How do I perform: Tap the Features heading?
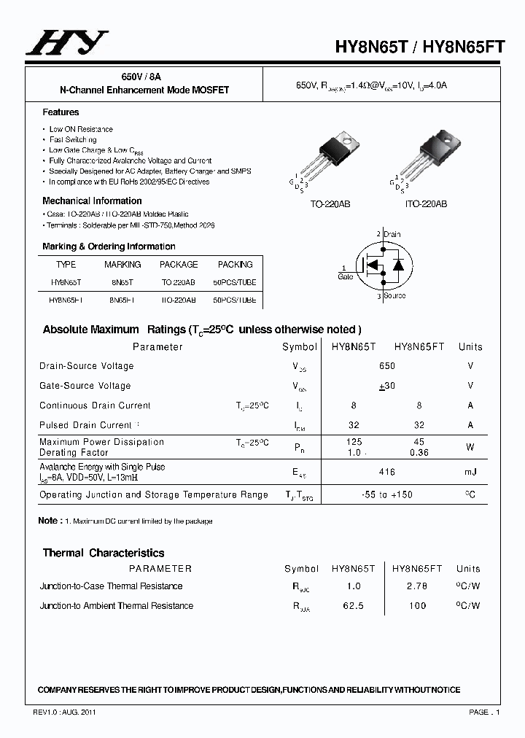61,112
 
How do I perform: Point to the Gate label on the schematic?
346,276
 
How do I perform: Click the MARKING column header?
122,265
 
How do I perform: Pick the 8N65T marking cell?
122,281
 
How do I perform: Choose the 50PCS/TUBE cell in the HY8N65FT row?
235,300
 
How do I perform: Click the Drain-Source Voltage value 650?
387,366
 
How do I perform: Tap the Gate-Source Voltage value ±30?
387,386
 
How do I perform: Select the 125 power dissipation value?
354,442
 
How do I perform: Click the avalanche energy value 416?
387,472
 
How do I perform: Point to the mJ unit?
470,472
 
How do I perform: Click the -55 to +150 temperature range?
387,494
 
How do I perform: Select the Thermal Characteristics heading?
104,553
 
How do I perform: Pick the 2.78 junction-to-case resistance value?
418,586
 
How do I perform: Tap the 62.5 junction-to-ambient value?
354,606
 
